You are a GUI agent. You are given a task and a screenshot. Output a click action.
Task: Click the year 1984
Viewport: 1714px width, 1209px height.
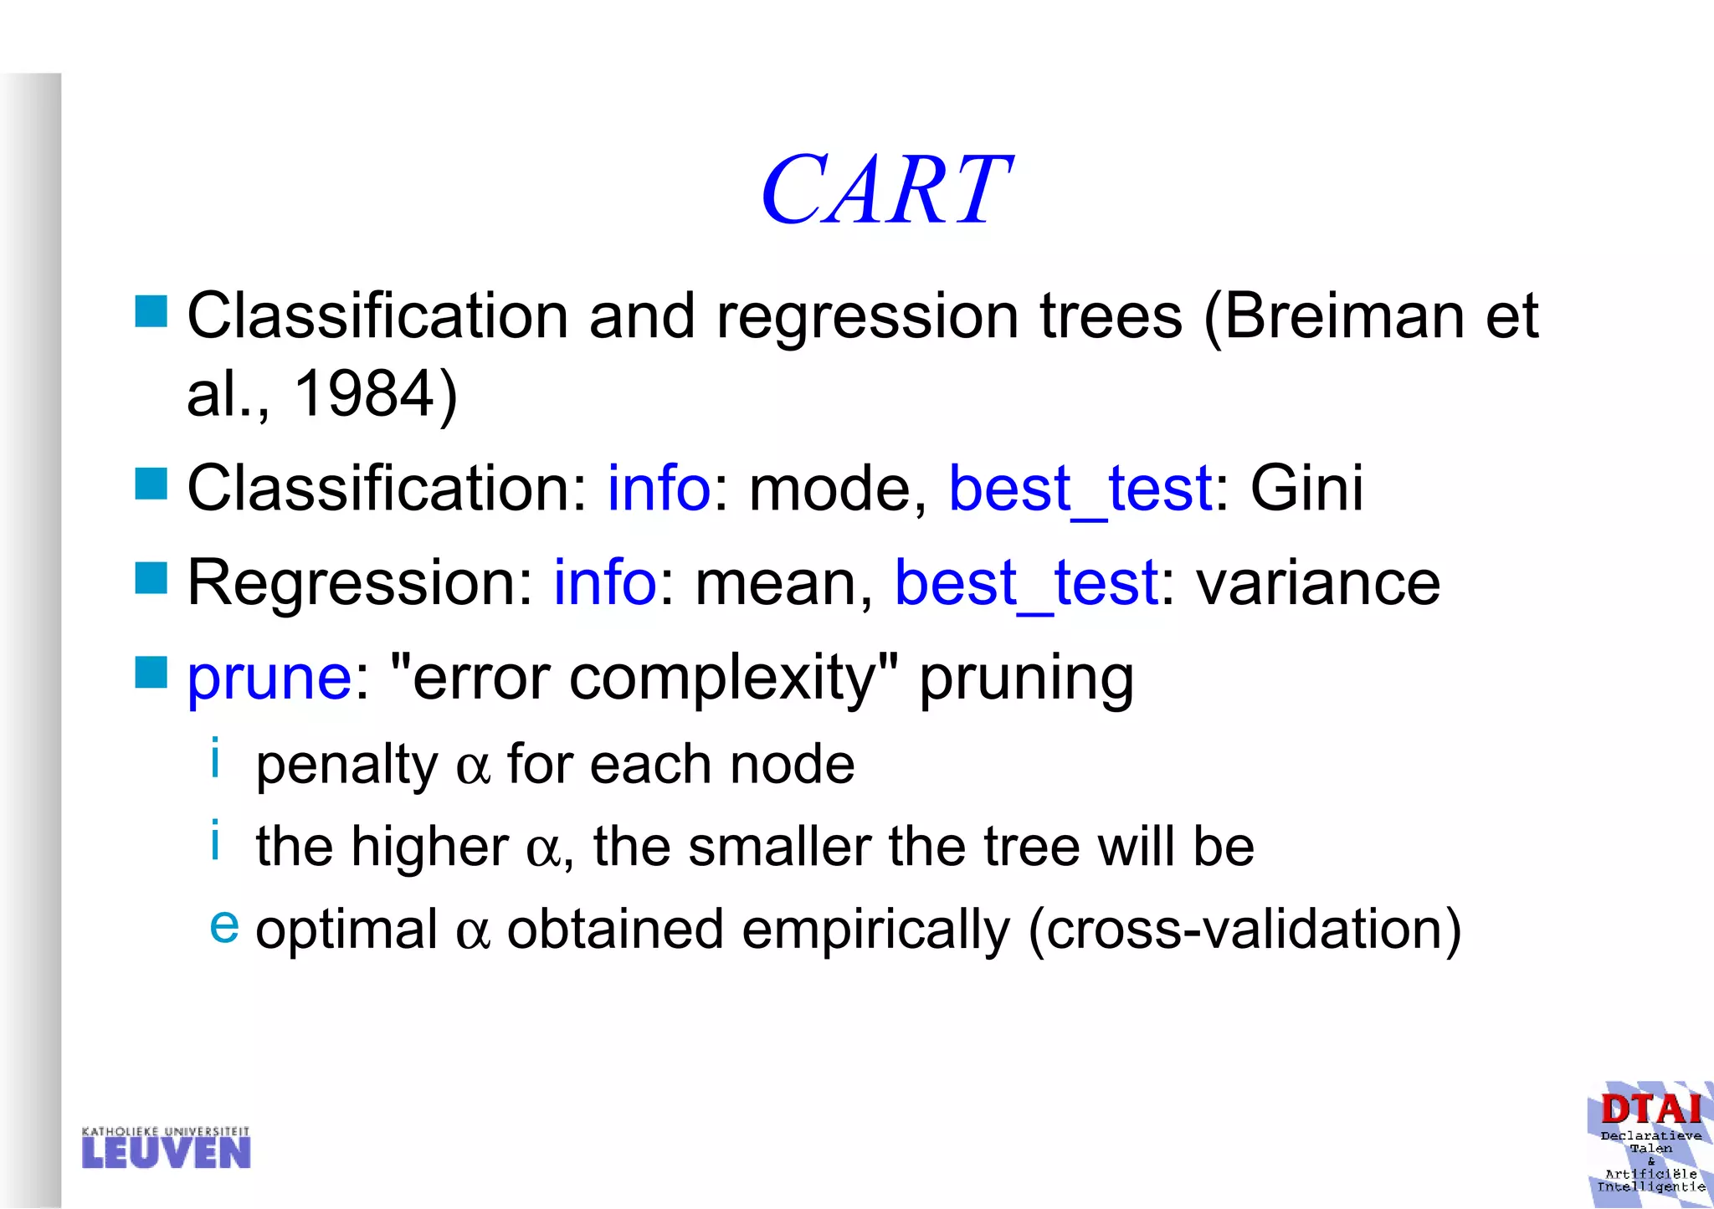tap(365, 393)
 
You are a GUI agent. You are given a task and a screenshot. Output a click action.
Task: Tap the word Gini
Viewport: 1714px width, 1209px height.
tap(1306, 488)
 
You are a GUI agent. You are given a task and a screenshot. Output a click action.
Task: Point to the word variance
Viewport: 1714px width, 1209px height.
tap(1318, 583)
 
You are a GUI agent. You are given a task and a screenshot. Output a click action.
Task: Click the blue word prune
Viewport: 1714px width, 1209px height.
tap(269, 677)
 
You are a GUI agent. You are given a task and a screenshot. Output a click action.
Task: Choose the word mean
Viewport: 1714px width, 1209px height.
tap(775, 583)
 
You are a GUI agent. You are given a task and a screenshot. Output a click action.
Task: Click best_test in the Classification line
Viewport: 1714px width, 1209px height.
tap(1080, 489)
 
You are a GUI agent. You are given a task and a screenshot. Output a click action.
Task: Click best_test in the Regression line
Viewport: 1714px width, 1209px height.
tap(1026, 583)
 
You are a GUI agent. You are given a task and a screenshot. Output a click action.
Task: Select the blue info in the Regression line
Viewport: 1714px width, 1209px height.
tap(604, 583)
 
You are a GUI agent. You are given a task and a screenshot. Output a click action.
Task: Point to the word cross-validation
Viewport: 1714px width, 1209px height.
tap(1245, 930)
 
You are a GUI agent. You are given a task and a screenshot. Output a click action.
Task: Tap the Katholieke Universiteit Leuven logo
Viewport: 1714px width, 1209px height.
tap(166, 1148)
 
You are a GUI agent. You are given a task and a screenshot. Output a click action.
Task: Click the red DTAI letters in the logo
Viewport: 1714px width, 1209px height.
tap(1650, 1109)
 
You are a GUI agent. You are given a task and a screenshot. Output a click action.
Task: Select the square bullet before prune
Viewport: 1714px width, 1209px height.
tap(151, 672)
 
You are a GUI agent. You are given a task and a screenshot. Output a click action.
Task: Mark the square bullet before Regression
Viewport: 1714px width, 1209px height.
tap(151, 578)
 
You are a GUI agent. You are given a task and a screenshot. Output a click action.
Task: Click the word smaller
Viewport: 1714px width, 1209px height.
tap(779, 848)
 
